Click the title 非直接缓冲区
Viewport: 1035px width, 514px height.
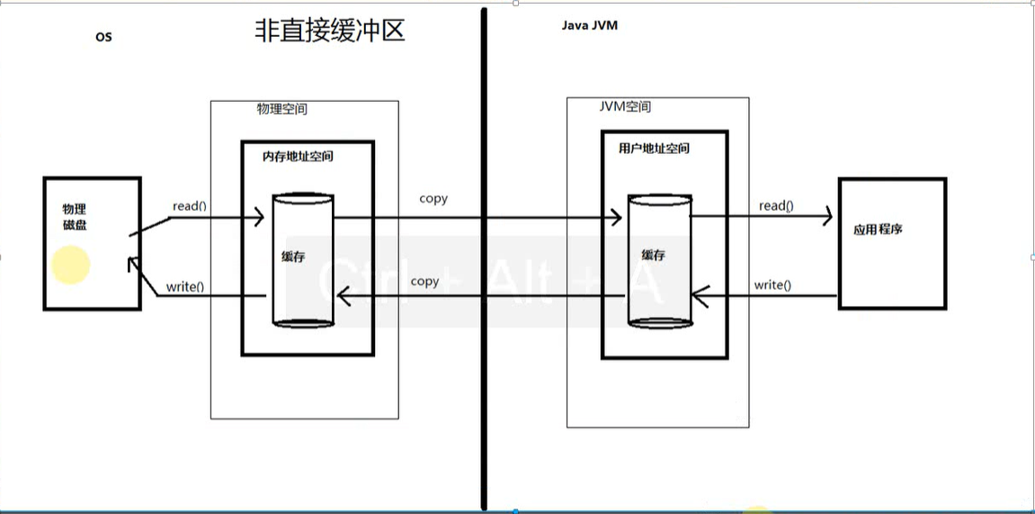coord(330,32)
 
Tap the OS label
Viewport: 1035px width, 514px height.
coord(103,38)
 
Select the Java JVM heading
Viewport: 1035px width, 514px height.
coord(589,26)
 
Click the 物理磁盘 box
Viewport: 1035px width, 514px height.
coord(92,243)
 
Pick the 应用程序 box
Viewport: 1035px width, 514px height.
coord(891,243)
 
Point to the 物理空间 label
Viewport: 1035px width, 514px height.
coord(282,108)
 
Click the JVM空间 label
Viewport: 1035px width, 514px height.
coord(625,106)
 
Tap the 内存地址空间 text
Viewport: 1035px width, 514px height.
coord(297,156)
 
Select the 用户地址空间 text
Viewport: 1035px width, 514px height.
coord(655,149)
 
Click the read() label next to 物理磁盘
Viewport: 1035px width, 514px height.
coord(190,205)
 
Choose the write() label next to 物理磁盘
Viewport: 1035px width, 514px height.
coord(185,288)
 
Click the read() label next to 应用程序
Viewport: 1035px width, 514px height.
coord(776,206)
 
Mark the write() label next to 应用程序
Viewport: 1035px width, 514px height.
coord(772,285)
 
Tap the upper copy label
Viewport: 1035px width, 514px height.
coord(433,198)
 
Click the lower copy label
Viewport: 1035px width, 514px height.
coord(424,282)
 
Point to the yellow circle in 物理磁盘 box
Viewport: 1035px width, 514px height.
coord(71,265)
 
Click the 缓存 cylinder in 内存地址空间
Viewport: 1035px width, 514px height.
coord(303,259)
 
